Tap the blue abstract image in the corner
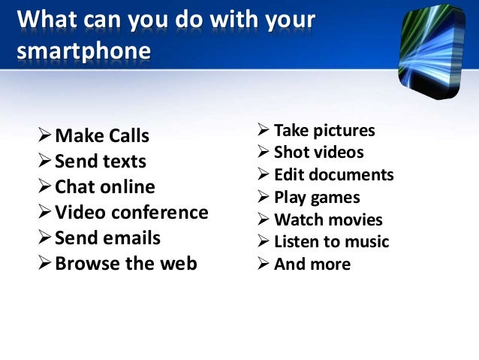tap(433, 50)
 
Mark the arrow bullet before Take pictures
tap(263, 131)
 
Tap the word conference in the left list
tap(159, 213)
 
